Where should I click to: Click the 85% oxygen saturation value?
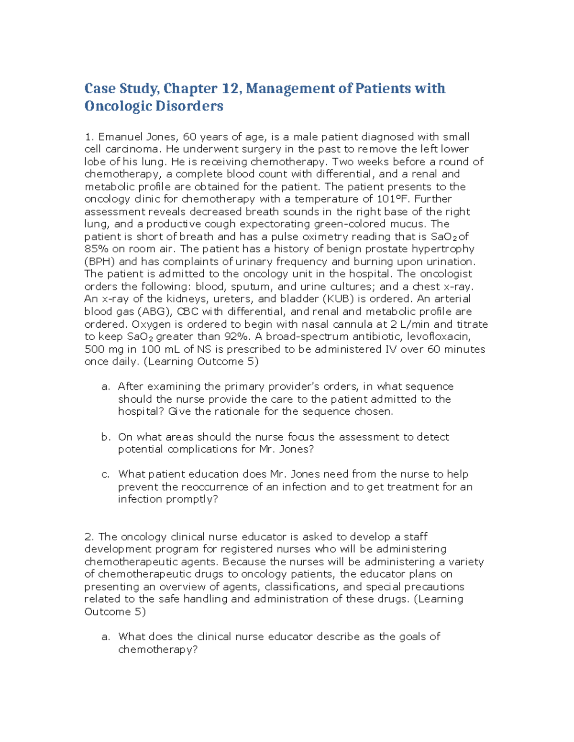(x=96, y=249)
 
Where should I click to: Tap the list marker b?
(x=106, y=437)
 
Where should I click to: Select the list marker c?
(x=106, y=474)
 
